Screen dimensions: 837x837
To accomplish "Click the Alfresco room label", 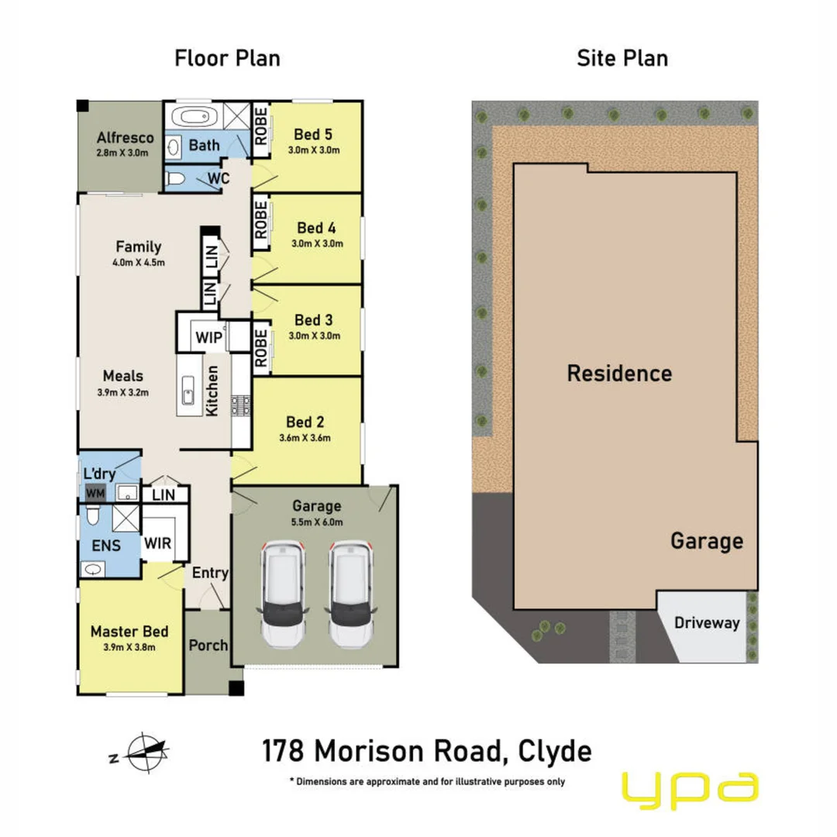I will tap(125, 138).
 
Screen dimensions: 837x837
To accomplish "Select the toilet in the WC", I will tap(176, 179).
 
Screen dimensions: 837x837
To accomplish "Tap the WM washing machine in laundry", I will tap(95, 493).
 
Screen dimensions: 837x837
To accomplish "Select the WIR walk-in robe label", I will tap(157, 543).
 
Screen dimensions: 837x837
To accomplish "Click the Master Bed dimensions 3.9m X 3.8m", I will tap(129, 647).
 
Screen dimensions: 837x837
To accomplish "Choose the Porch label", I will tap(208, 645).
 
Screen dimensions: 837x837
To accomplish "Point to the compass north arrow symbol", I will tap(148, 751).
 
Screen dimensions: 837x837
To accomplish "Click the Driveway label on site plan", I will tap(707, 622).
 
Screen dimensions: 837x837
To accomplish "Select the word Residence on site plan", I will tap(618, 374).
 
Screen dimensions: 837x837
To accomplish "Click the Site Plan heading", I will tap(622, 58).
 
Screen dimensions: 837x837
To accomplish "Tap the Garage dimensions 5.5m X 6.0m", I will tap(316, 522).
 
